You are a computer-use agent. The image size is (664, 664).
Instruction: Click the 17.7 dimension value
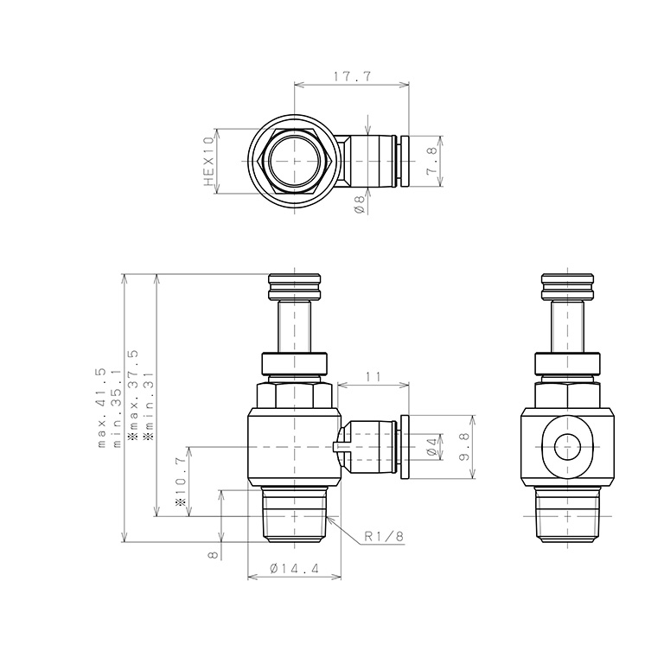click(x=352, y=77)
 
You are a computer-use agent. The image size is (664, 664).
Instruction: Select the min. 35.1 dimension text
click(x=117, y=407)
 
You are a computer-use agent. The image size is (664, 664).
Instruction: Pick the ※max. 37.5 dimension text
click(x=132, y=396)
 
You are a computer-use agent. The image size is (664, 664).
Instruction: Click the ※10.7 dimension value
click(x=181, y=481)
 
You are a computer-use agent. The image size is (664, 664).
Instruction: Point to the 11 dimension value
click(x=373, y=376)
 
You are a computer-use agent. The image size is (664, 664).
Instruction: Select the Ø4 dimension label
click(x=431, y=447)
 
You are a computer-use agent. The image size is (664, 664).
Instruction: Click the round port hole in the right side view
click(x=567, y=447)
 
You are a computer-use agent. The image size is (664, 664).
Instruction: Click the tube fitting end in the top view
click(x=403, y=162)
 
